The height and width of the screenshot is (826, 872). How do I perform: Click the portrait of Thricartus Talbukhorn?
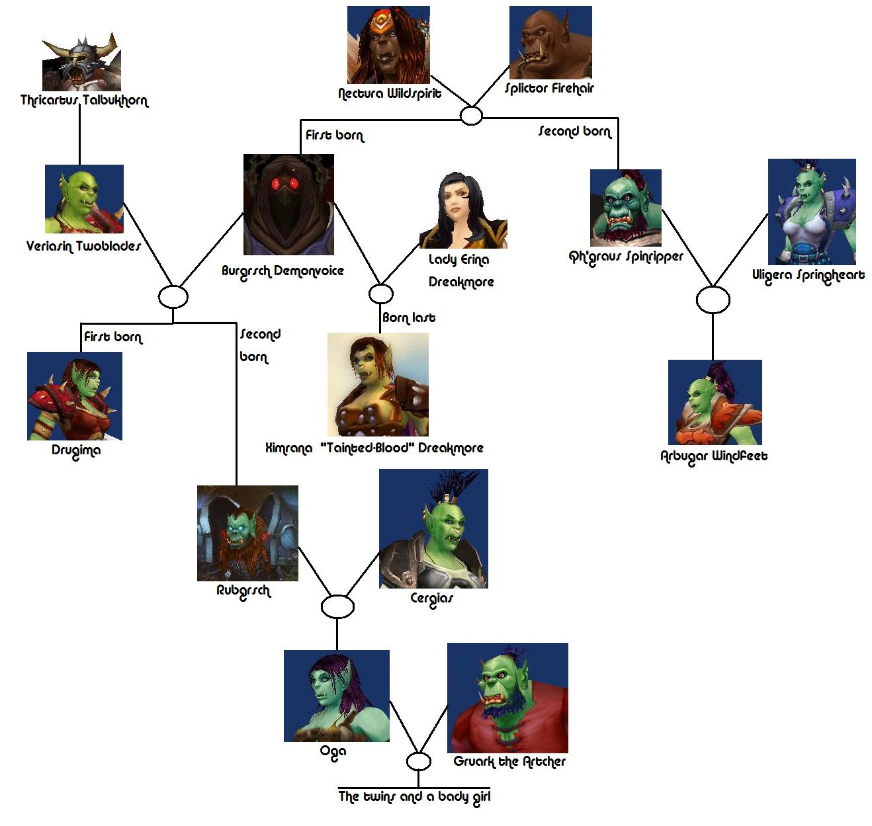click(81, 63)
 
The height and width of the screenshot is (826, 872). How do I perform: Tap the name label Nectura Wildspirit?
click(389, 93)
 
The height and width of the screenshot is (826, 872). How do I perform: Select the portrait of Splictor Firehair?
click(550, 43)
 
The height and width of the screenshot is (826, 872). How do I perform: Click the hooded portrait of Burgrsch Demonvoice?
click(288, 204)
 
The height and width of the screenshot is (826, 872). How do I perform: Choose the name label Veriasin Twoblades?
click(83, 246)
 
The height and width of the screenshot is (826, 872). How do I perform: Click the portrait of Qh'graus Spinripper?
click(625, 208)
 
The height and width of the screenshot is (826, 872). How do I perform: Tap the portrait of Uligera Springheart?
click(812, 212)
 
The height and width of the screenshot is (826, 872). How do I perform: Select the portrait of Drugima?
click(75, 395)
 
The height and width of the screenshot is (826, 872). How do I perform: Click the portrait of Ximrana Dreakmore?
click(378, 384)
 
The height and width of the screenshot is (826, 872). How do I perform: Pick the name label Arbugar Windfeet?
click(714, 456)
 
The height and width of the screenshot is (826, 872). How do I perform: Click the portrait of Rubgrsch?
click(247, 533)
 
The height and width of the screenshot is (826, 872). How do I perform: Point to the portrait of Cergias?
click(433, 528)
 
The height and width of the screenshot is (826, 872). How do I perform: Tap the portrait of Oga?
click(336, 695)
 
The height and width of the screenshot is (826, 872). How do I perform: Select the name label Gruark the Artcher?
click(509, 762)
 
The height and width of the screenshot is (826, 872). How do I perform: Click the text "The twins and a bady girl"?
click(414, 796)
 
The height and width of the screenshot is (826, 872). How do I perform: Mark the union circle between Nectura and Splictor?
click(471, 116)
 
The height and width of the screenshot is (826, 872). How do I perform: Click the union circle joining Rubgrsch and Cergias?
click(337, 606)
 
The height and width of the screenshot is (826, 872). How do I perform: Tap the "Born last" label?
click(409, 317)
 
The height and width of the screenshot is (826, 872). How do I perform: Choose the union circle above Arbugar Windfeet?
click(713, 300)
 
